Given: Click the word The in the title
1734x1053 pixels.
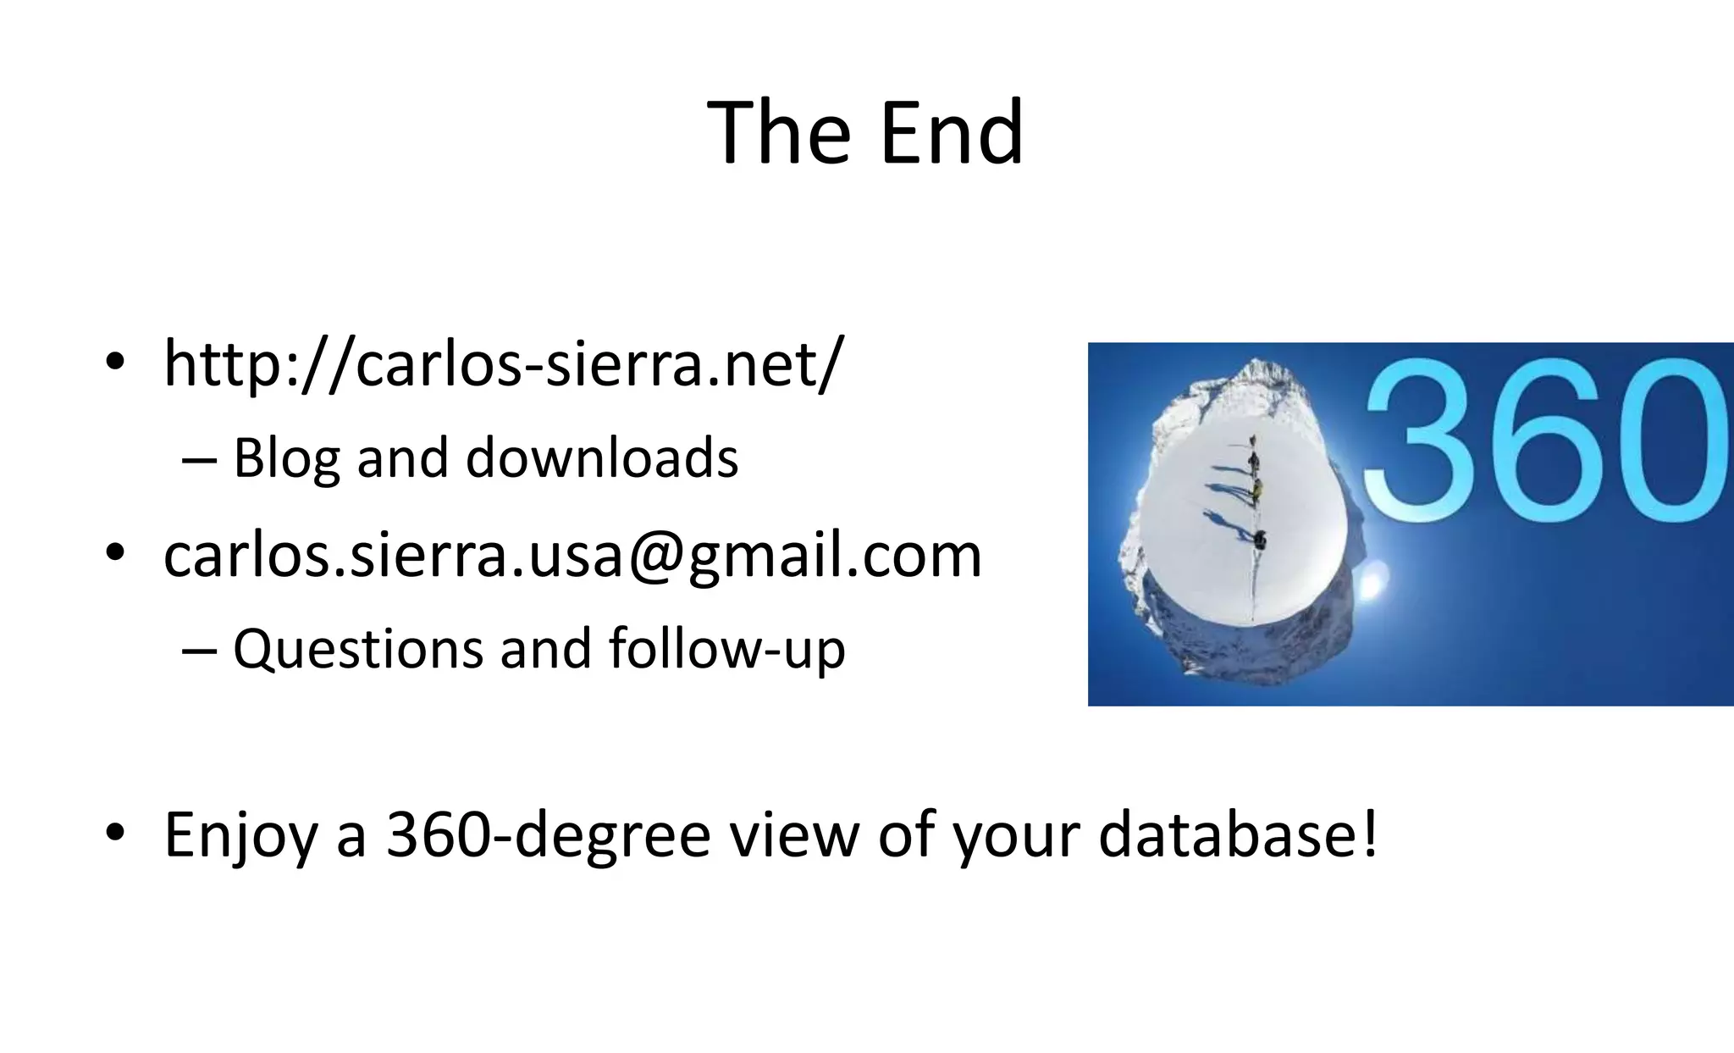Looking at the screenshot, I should point(779,133).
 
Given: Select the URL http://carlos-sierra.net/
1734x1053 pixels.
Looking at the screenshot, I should point(503,364).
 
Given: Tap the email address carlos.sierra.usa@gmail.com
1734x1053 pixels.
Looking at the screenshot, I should point(572,556).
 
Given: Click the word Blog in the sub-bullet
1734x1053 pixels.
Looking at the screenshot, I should point(285,458).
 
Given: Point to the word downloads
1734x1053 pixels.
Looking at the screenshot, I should point(602,458).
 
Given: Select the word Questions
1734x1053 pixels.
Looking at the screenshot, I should point(358,650).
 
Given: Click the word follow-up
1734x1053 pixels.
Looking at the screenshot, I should point(726,650).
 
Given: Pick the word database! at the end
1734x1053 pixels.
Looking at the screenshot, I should point(1239,835).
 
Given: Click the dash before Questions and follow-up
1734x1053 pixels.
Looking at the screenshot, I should point(199,651).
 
